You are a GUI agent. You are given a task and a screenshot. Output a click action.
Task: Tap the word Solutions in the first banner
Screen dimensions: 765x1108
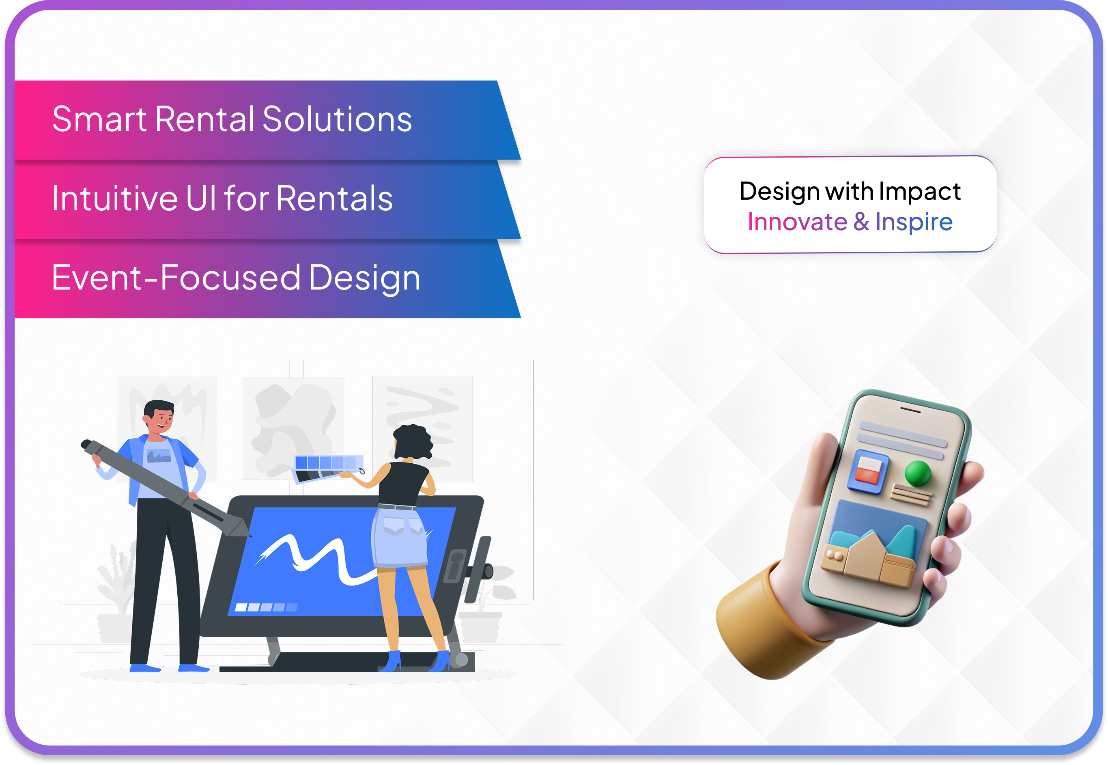(x=337, y=119)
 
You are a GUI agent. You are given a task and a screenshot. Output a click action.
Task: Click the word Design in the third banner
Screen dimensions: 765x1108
(x=364, y=279)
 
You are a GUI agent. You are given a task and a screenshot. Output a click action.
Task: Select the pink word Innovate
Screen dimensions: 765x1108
(x=797, y=222)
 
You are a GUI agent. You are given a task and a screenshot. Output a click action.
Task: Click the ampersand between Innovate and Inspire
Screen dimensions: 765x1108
(x=861, y=222)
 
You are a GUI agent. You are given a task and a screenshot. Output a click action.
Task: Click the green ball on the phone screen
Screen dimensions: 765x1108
(x=917, y=473)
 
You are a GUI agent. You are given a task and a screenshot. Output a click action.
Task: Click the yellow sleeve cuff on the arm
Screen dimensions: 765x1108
(x=762, y=623)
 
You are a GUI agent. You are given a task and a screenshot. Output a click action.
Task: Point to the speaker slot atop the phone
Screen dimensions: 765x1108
(x=910, y=409)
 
